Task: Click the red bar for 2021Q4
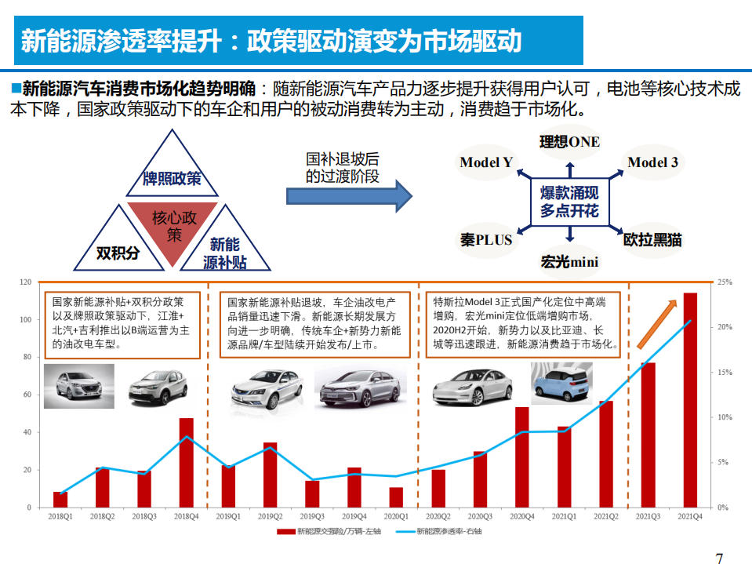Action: (690, 400)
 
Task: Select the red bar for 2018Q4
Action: (186, 463)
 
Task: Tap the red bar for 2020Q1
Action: (396, 497)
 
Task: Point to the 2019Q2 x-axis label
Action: (270, 516)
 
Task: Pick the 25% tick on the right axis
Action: (724, 282)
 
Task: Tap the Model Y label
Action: (486, 162)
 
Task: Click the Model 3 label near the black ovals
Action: (652, 162)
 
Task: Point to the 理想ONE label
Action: (569, 142)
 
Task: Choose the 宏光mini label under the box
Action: (569, 262)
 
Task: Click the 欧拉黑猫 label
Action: (652, 239)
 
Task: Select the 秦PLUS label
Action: (486, 239)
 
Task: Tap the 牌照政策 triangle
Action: (172, 169)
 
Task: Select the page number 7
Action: (719, 558)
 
